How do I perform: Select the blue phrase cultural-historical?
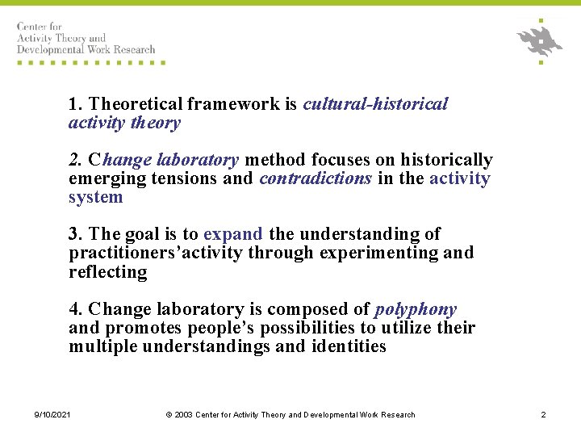click(375, 104)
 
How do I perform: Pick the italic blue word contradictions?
click(316, 178)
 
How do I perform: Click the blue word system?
click(96, 198)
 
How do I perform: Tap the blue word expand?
click(233, 234)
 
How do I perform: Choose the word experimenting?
click(377, 253)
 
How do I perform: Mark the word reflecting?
click(108, 272)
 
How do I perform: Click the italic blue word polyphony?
click(416, 309)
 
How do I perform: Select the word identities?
click(349, 346)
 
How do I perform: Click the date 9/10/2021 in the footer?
click(52, 415)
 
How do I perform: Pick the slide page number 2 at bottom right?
click(543, 415)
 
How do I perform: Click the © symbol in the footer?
click(169, 415)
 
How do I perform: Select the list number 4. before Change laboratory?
click(76, 309)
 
